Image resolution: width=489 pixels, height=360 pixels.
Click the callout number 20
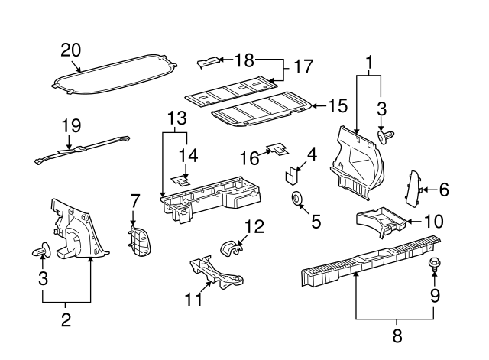pyautogui.click(x=70, y=50)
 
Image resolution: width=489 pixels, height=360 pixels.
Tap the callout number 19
pyautogui.click(x=70, y=125)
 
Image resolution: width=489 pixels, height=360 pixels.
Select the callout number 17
pyautogui.click(x=303, y=66)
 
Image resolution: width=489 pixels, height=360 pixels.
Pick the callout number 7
pyautogui.click(x=134, y=200)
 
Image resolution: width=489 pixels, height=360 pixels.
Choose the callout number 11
pyautogui.click(x=195, y=299)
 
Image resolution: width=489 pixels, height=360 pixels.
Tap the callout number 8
pyautogui.click(x=397, y=335)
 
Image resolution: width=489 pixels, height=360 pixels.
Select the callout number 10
pyautogui.click(x=432, y=222)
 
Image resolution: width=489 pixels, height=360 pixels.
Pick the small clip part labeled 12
pyautogui.click(x=231, y=248)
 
